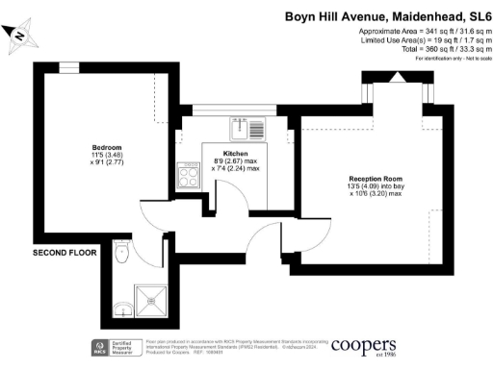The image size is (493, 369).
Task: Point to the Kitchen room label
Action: click(236, 154)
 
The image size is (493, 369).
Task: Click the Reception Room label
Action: click(376, 180)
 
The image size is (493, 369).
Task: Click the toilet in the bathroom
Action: click(120, 254)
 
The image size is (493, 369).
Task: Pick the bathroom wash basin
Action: click(121, 308)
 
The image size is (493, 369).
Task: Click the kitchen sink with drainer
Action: click(249, 128)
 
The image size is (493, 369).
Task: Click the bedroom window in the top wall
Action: click(67, 67)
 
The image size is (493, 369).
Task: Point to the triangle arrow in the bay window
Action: click(393, 78)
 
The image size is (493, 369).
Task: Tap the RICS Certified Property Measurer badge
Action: click(113, 347)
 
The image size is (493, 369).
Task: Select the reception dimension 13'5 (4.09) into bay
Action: click(376, 188)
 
